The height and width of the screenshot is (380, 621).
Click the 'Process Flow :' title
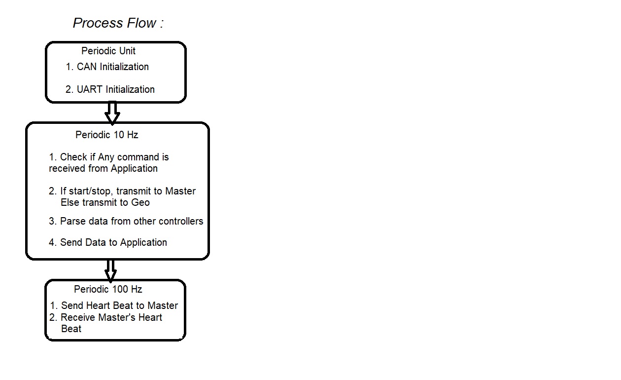[118, 23]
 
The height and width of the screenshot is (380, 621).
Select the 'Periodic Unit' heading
[108, 51]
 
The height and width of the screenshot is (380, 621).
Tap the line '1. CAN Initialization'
[107, 67]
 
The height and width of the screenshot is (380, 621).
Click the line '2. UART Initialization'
[110, 89]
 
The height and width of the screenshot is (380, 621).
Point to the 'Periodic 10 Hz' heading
[107, 135]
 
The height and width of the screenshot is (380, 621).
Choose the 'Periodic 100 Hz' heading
[108, 289]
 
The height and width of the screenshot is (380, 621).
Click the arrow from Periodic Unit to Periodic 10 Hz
[112, 113]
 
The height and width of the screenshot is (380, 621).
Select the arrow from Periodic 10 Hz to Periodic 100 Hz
[110, 270]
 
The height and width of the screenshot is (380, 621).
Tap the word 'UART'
[90, 89]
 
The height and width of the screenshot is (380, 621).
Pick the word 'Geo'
[140, 202]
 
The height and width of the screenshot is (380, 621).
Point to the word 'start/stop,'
[91, 191]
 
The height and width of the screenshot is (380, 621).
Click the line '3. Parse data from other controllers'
[126, 221]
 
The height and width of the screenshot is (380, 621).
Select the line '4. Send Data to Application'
[108, 242]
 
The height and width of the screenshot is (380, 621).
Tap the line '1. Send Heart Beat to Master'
[114, 305]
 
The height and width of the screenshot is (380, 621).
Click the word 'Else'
[70, 202]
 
